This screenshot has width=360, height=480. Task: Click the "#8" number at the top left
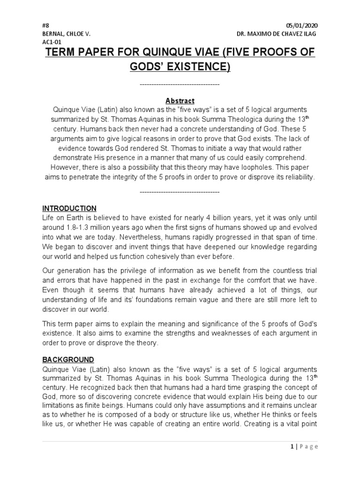pos(45,25)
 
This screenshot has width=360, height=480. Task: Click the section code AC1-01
pos(52,42)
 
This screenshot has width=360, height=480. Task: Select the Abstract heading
pos(180,101)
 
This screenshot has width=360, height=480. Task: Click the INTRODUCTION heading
pos(69,208)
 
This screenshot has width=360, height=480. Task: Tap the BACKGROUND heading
pos(68,360)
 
